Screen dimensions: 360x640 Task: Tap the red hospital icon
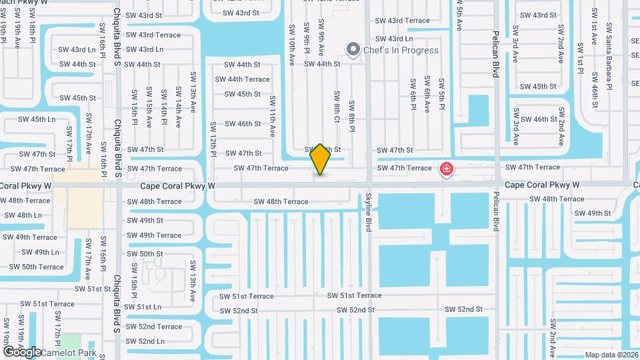click(446, 170)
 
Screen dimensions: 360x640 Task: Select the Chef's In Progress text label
click(401, 50)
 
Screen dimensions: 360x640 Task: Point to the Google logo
click(21, 351)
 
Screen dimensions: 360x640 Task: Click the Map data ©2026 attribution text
click(611, 355)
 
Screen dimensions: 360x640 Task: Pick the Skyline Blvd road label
click(368, 211)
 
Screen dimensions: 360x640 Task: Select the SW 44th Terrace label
click(242, 79)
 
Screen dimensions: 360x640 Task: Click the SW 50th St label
click(145, 254)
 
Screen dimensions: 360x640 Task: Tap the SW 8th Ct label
click(337, 107)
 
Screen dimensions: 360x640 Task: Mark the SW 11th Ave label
click(273, 116)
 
